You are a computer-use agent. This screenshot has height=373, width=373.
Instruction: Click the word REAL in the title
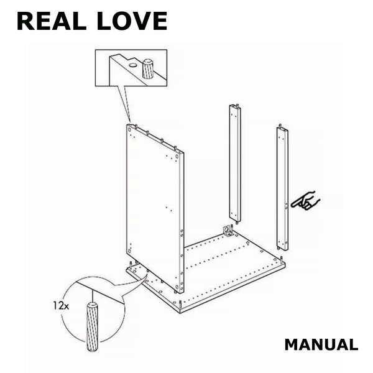click(x=52, y=21)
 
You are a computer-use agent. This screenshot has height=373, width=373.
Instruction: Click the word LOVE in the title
click(x=132, y=21)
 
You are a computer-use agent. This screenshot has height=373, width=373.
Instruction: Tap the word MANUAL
click(x=321, y=345)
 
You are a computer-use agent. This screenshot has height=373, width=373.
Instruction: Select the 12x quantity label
click(x=61, y=305)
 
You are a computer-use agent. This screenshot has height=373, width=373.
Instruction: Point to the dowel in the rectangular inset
click(x=148, y=68)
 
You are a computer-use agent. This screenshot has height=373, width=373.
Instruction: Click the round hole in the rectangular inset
click(x=133, y=65)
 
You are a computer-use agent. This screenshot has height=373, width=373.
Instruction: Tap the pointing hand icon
click(x=306, y=201)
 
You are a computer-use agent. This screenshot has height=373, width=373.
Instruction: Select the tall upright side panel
click(x=155, y=209)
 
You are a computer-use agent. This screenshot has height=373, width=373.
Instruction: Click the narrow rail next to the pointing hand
click(x=282, y=188)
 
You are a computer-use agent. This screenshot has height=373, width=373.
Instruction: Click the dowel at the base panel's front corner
click(x=180, y=304)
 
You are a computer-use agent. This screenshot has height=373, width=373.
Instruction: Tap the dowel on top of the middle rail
click(x=237, y=105)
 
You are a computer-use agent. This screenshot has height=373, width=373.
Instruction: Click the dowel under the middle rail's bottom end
click(x=237, y=223)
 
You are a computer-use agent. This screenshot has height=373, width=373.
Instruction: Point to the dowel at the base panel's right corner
click(x=282, y=259)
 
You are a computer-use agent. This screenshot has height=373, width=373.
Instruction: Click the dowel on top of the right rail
click(x=280, y=126)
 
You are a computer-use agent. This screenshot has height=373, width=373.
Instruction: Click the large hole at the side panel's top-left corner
click(x=129, y=130)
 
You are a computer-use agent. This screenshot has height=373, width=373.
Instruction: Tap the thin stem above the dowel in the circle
click(x=92, y=295)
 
